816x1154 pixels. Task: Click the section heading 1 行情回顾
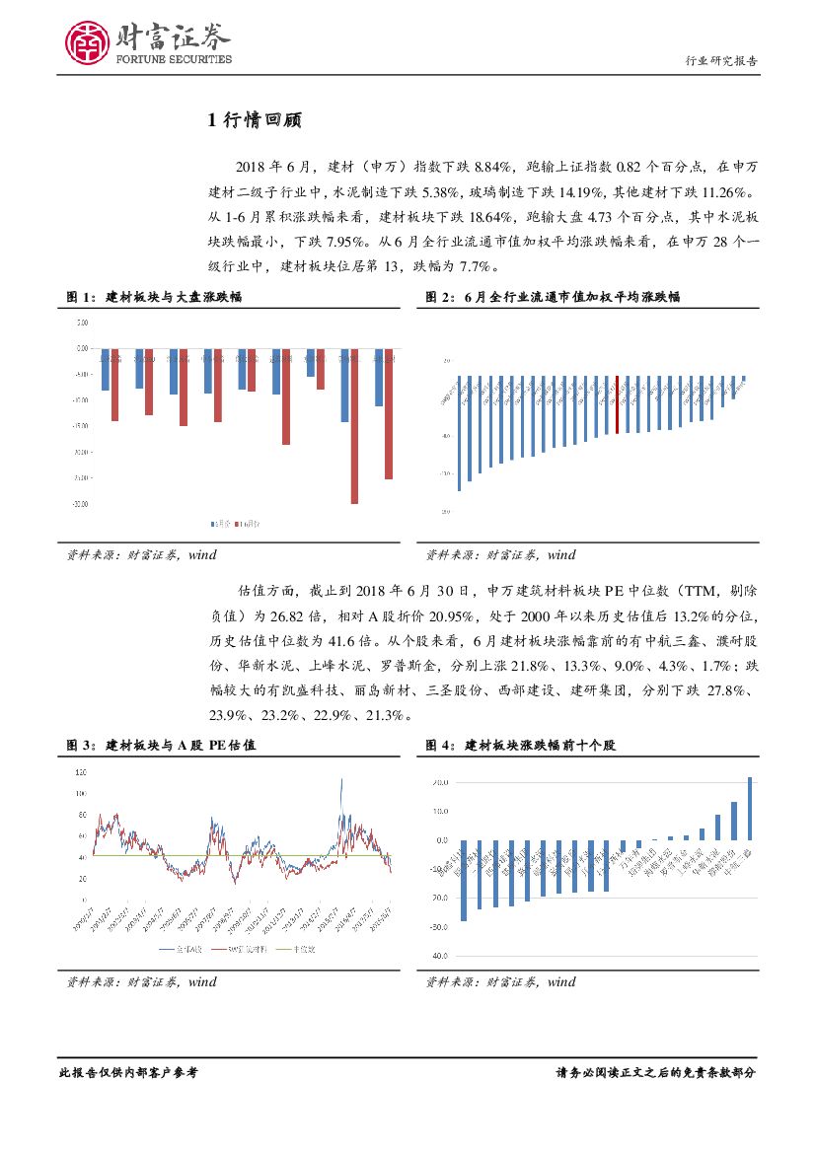tap(254, 121)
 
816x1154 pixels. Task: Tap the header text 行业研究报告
tap(721, 61)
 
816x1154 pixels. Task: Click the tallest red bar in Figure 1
tap(354, 426)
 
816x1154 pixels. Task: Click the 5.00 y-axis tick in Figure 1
tap(80, 323)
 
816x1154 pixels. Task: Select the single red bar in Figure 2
tap(618, 404)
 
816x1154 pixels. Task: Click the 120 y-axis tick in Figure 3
tap(80, 770)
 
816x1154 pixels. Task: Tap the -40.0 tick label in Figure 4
tap(436, 956)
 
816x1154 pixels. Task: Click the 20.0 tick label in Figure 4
tap(438, 782)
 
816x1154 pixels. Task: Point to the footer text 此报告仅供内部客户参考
tap(128, 1072)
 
